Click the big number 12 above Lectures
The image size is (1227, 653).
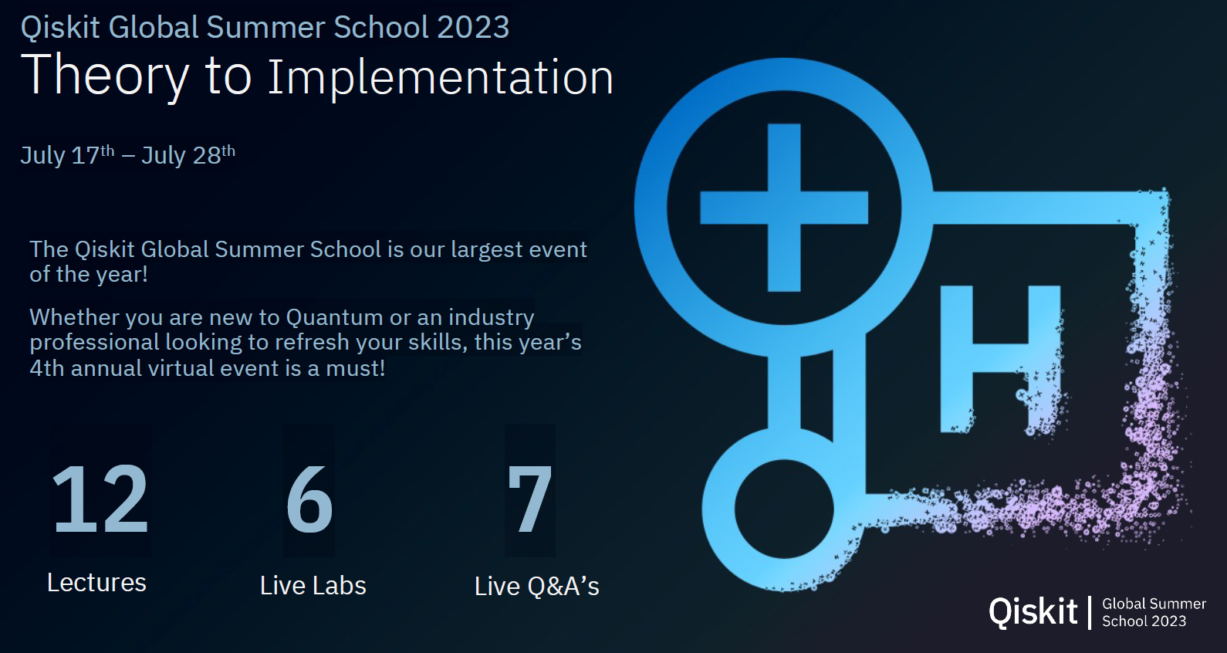[x=100, y=499]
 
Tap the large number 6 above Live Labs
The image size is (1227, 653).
[x=309, y=499]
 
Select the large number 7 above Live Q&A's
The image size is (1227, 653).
[x=529, y=499]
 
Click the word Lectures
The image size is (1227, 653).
[x=97, y=582]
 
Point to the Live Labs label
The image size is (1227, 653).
[x=313, y=585]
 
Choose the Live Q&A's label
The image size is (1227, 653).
[x=537, y=586]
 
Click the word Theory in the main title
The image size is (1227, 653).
[x=105, y=76]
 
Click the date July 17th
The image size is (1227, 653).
[x=67, y=155]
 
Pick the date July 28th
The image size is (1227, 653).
[x=188, y=155]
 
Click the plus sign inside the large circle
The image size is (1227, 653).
[x=784, y=208]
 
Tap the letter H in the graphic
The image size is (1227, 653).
[x=1001, y=359]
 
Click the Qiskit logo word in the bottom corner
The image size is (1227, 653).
[x=1033, y=612]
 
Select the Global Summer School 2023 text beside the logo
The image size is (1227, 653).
[x=1154, y=612]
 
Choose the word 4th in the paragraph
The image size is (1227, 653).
[x=47, y=368]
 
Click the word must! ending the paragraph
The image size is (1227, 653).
[x=356, y=368]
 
